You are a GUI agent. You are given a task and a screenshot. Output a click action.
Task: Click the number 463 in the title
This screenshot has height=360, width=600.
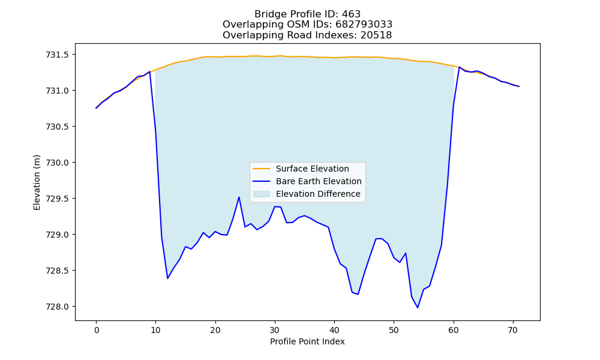pos(351,14)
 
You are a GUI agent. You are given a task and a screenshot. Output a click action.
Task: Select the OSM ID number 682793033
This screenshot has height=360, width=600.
pos(364,25)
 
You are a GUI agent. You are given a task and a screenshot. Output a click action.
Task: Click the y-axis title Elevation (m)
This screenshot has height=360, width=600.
pos(37,182)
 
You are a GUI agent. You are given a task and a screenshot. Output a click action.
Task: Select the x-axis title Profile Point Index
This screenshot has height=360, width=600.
pos(307,341)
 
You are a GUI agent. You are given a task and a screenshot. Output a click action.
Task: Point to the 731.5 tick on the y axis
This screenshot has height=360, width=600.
pos(58,55)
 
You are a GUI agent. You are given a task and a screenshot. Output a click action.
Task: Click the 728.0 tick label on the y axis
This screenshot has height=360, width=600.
pos(58,307)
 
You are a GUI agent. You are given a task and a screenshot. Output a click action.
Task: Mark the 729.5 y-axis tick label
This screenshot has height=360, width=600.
pos(58,199)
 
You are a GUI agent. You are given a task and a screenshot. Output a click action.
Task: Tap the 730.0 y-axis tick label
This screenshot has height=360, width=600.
pos(58,163)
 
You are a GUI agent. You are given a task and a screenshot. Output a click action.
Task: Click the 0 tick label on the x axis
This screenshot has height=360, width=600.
pos(97,330)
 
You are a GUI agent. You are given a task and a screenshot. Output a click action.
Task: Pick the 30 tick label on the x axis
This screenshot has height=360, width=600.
pos(275,330)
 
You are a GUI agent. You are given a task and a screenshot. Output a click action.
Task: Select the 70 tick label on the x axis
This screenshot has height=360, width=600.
pos(513,330)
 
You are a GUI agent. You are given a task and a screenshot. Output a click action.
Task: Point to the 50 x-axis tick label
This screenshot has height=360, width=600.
pos(394,330)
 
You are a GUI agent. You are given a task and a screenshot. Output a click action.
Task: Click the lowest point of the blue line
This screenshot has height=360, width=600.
pos(418,308)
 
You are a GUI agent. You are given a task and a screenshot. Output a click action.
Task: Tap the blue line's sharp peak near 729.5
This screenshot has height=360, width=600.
pos(239,197)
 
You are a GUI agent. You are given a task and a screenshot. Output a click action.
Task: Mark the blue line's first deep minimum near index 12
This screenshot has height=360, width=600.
pos(167,278)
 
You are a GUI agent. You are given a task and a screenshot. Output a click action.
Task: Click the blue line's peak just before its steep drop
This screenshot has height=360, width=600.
pos(149,71)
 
